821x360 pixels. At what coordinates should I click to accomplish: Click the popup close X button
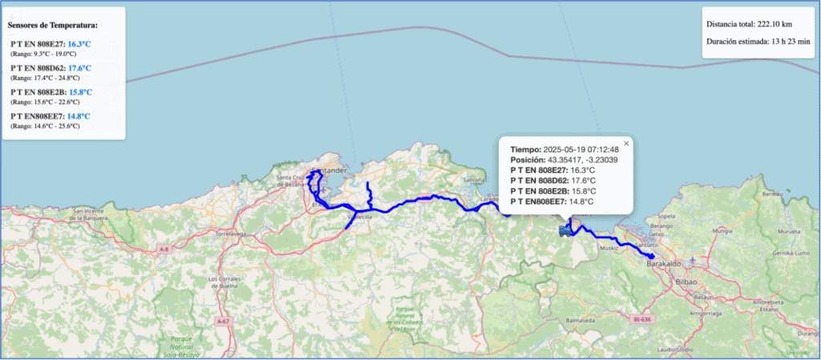click(627, 144)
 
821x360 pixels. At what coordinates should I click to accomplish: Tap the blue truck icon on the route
click(565, 231)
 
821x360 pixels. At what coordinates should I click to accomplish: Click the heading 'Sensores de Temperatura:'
click(52, 25)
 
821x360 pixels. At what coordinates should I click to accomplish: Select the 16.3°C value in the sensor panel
click(80, 44)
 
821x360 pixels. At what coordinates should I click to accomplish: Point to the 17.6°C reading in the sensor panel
click(80, 68)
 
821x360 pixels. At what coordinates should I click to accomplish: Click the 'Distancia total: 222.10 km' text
click(747, 24)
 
